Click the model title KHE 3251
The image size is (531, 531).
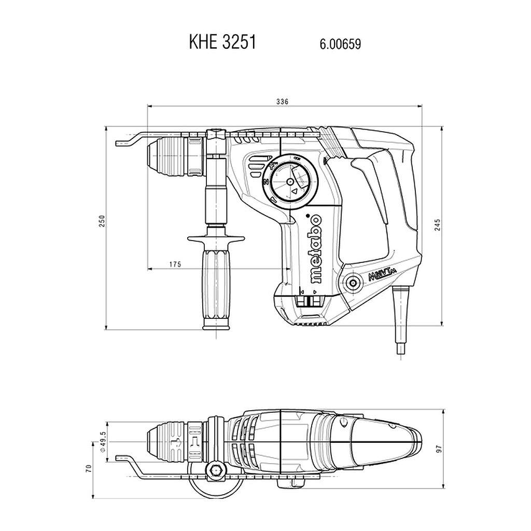click(222, 43)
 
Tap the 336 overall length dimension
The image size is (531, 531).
click(282, 102)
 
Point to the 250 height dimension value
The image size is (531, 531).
click(102, 221)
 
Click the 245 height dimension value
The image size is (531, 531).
click(437, 225)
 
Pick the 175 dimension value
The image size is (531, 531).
click(175, 264)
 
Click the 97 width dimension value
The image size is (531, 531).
click(439, 449)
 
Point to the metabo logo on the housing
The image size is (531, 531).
click(316, 248)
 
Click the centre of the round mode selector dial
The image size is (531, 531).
click(290, 182)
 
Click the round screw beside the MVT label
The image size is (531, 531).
click(353, 283)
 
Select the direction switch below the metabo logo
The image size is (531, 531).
click(309, 301)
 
